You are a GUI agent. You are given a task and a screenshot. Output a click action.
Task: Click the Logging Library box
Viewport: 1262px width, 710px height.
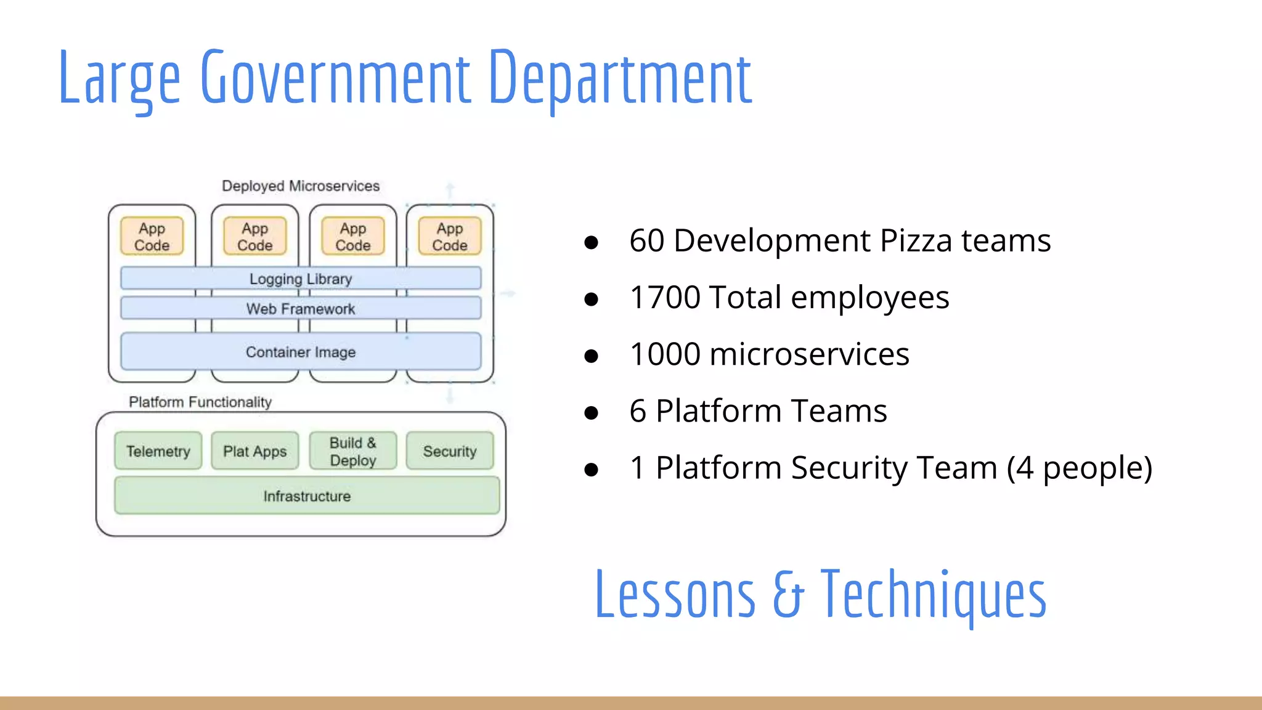click(301, 279)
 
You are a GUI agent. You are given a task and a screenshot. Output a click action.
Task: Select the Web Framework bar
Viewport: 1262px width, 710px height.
click(301, 308)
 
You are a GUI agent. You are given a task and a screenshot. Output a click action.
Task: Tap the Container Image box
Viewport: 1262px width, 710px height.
click(301, 352)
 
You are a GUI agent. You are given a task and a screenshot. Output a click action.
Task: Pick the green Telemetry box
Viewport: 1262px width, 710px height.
click(158, 451)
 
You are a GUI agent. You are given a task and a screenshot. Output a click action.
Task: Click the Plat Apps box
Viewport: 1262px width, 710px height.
click(254, 451)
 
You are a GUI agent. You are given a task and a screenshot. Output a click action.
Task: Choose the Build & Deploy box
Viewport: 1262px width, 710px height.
click(353, 451)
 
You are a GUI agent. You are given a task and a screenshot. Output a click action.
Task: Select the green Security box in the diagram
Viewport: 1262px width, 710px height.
click(450, 451)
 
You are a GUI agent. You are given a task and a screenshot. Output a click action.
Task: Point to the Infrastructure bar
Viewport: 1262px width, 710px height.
click(307, 496)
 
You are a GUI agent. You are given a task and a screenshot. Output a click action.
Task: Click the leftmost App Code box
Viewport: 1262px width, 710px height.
click(152, 237)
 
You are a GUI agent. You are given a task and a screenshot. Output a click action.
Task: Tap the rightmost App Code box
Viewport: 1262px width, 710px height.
click(450, 237)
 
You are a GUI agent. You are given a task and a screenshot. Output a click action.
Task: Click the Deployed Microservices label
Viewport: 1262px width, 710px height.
click(301, 186)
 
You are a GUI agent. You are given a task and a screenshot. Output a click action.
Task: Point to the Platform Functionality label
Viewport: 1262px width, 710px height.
click(200, 402)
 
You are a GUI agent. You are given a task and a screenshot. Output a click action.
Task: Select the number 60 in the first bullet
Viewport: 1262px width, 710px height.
click(646, 240)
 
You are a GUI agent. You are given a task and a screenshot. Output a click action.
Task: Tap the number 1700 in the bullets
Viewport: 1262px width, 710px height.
click(664, 298)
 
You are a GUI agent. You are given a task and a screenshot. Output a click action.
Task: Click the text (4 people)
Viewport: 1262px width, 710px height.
click(1080, 468)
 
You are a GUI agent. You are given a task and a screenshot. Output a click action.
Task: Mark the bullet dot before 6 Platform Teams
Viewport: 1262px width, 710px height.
click(592, 412)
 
